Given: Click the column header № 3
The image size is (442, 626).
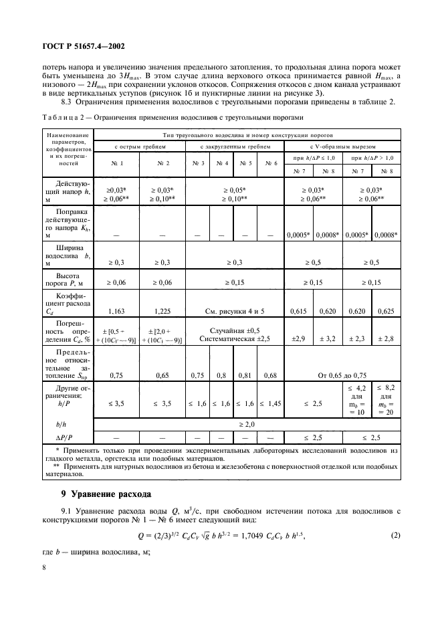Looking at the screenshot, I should [x=197, y=163].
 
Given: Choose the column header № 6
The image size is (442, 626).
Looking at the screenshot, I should [x=271, y=163].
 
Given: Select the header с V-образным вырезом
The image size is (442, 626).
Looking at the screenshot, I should [x=343, y=145].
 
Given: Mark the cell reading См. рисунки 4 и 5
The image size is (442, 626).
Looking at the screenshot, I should [x=235, y=312].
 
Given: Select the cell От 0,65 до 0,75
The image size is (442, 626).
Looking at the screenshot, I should [x=343, y=375].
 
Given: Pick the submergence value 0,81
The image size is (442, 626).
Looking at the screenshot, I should [x=246, y=375].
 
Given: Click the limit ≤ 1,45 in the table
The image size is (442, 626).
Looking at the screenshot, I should [x=271, y=403].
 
